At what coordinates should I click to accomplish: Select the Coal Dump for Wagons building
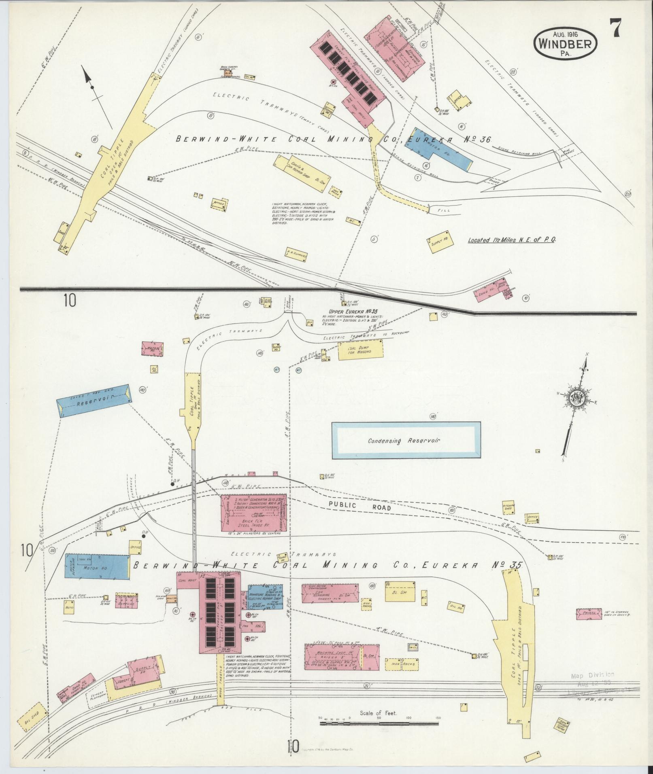coord(360,350)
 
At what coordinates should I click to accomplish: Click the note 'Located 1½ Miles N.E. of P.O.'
coord(511,240)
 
